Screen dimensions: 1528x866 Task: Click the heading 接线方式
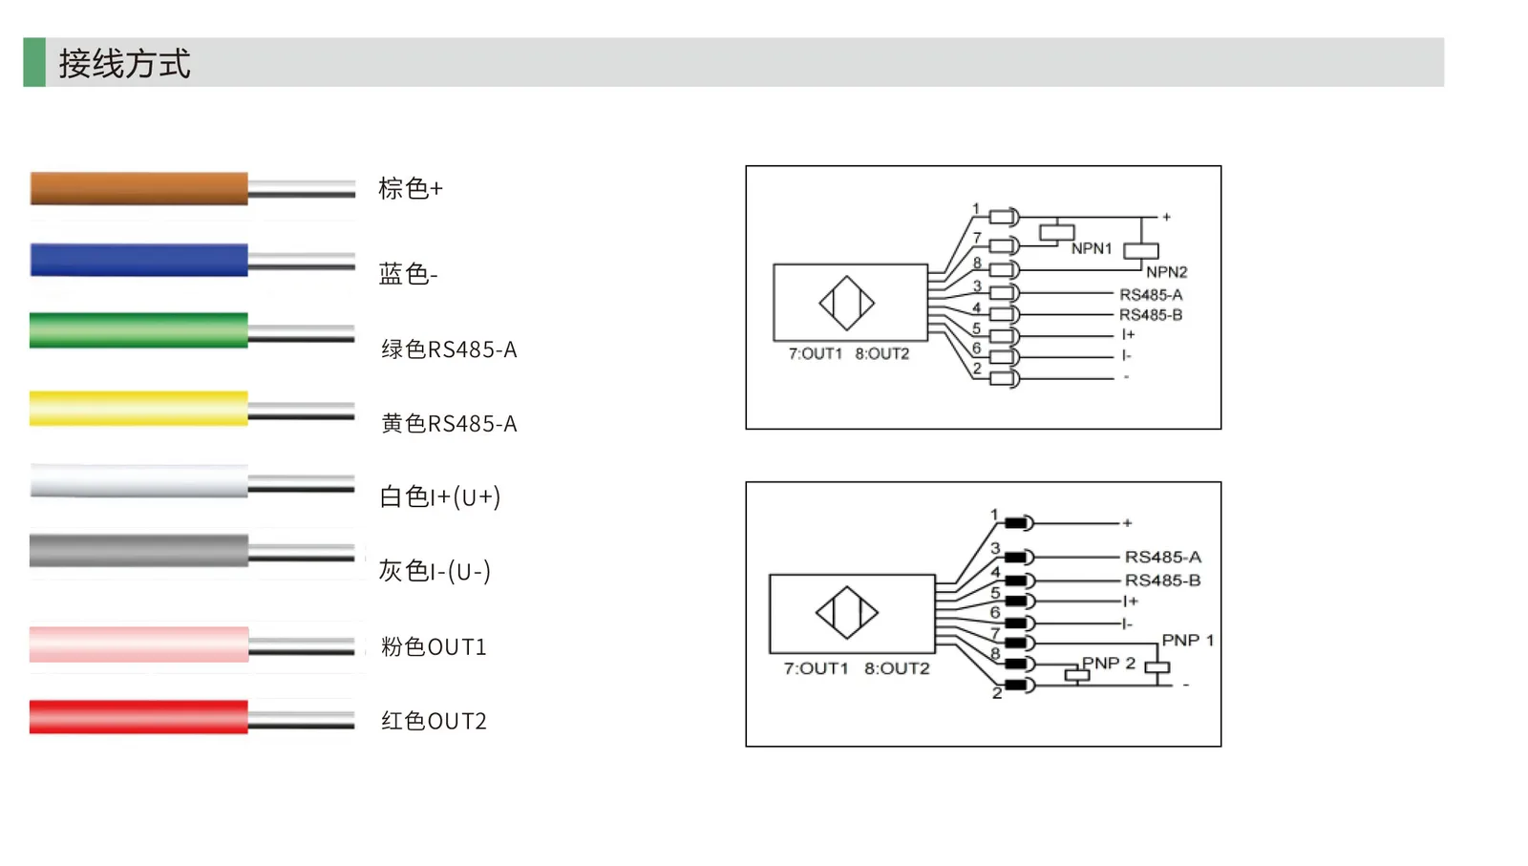coord(124,63)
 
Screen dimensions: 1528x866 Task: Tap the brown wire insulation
coord(139,188)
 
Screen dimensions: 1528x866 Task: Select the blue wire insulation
coord(139,260)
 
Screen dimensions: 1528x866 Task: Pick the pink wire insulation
coord(139,644)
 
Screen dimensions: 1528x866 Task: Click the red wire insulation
coord(138,717)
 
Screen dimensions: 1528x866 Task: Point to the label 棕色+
coord(411,188)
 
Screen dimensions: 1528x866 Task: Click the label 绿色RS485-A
coord(449,349)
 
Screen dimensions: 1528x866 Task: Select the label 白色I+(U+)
coord(440,497)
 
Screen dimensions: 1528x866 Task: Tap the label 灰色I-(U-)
coord(435,571)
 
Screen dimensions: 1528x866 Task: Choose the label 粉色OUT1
coord(434,646)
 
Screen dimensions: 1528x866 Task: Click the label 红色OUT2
coord(434,721)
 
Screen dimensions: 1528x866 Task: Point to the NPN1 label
coord(1092,249)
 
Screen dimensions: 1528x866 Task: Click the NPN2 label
coord(1166,272)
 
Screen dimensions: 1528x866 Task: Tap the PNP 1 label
coord(1188,641)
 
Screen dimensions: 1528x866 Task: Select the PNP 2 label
coord(1109,663)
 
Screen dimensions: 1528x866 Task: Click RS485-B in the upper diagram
coord(1151,315)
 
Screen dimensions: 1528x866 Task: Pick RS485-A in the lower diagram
coord(1163,557)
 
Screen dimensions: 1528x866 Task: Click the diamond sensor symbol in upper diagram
coord(846,303)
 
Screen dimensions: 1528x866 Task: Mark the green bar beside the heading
coord(34,62)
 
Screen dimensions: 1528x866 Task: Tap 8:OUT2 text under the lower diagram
coord(897,668)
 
